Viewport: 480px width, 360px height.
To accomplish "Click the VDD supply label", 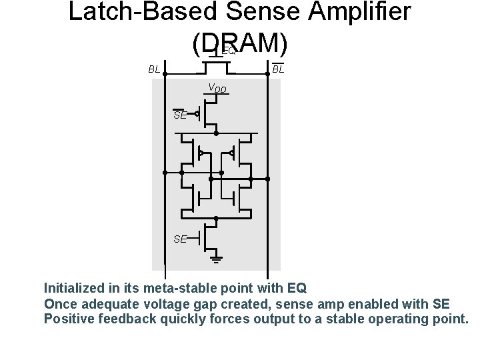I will [x=217, y=88].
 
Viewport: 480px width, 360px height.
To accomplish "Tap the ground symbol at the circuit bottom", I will [x=216, y=256].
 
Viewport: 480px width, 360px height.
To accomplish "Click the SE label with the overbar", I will [x=179, y=115].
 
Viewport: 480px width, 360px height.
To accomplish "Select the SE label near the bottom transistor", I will [x=180, y=239].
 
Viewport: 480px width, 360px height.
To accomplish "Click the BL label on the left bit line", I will [x=154, y=69].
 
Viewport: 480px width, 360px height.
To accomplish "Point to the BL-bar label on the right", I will [x=278, y=68].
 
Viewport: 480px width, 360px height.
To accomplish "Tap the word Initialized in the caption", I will [x=74, y=289].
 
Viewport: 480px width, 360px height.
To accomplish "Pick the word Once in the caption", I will [x=61, y=303].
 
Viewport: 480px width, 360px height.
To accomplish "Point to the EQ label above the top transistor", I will [x=228, y=51].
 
